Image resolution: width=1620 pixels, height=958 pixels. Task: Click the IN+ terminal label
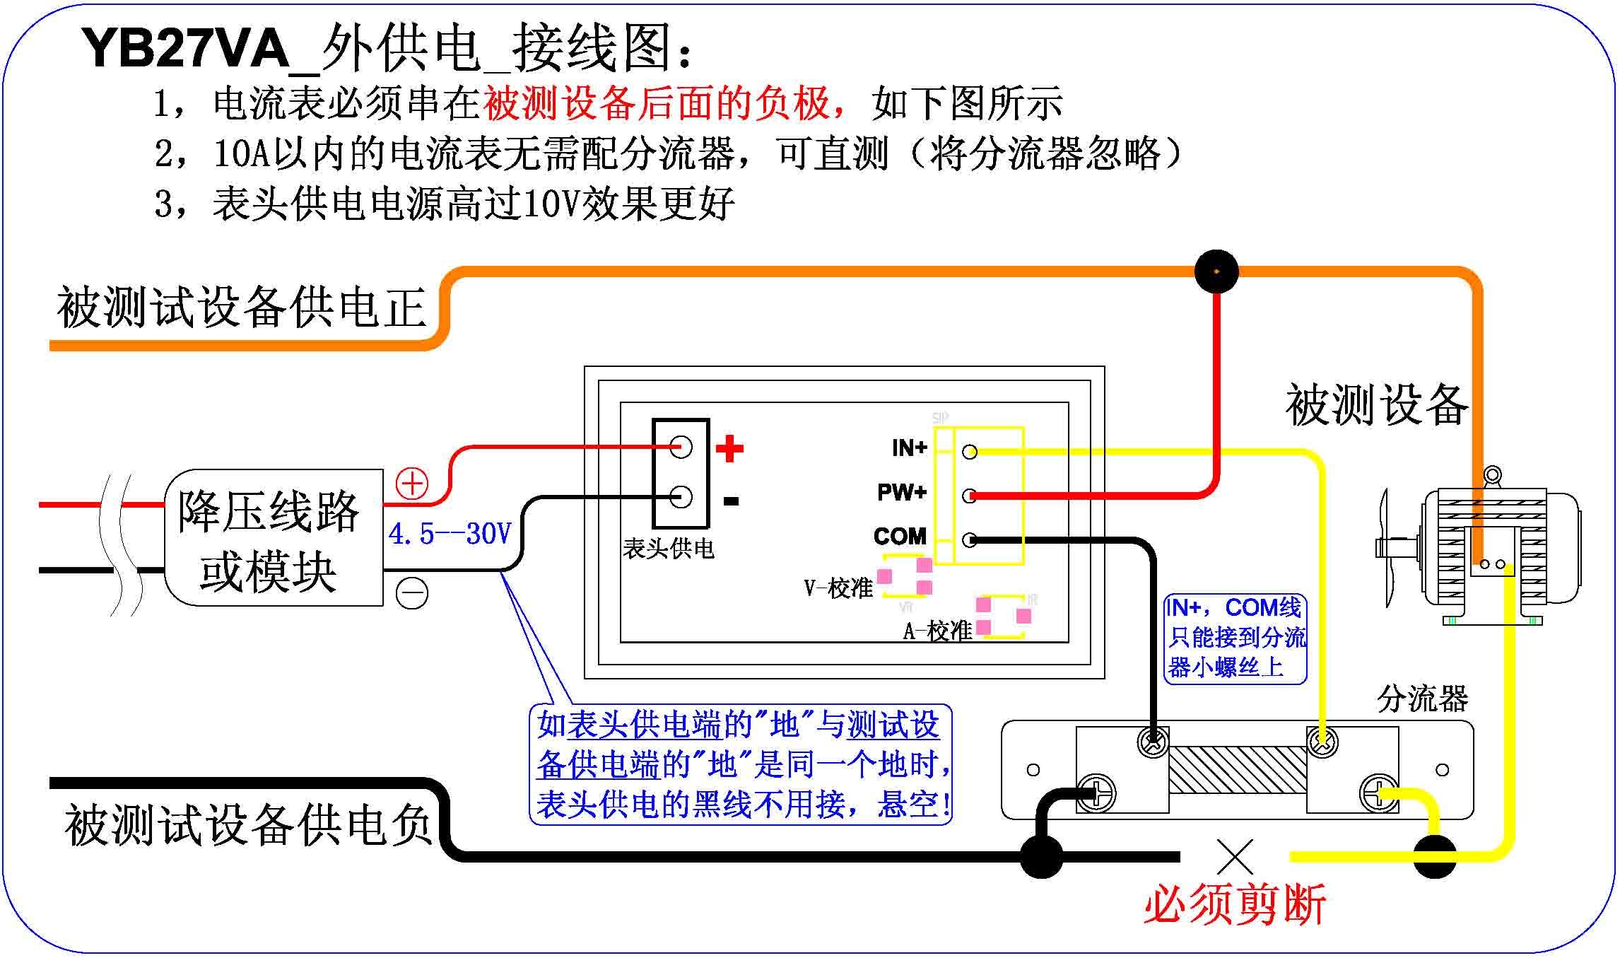pyautogui.click(x=909, y=448)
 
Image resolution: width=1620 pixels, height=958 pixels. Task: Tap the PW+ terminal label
pyautogui.click(x=902, y=492)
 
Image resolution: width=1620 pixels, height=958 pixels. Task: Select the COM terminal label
pyautogui.click(x=900, y=537)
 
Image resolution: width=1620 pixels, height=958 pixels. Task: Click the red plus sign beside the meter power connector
pyautogui.click(x=729, y=449)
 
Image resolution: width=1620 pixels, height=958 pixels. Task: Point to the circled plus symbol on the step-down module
pyautogui.click(x=411, y=484)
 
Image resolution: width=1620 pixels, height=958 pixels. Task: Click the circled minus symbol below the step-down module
pyautogui.click(x=411, y=593)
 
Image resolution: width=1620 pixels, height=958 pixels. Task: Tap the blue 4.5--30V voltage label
pyautogui.click(x=450, y=535)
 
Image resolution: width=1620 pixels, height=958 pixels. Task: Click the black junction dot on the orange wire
pyautogui.click(x=1216, y=271)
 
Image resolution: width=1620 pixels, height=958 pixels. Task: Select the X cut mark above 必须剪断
pyautogui.click(x=1235, y=857)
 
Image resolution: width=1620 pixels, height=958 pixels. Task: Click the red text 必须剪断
pyautogui.click(x=1235, y=904)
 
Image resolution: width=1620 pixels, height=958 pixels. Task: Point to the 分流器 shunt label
pyautogui.click(x=1422, y=699)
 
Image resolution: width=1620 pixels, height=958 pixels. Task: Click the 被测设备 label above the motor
pyautogui.click(x=1376, y=405)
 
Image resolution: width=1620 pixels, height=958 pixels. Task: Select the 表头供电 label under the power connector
pyautogui.click(x=668, y=549)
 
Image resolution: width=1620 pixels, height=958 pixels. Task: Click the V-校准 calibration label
pyautogui.click(x=838, y=588)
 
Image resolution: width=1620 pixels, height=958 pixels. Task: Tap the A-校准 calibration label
pyautogui.click(x=938, y=631)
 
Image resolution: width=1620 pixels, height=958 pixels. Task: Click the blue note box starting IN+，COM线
pyautogui.click(x=1235, y=638)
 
